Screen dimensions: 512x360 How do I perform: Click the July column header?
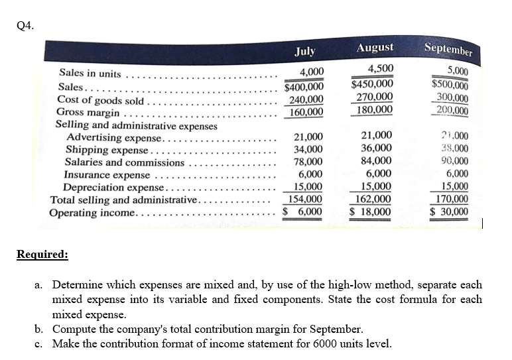point(305,51)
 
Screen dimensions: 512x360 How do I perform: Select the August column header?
point(375,47)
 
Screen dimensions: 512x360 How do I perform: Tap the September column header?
point(448,49)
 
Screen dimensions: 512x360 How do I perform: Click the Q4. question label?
point(25,25)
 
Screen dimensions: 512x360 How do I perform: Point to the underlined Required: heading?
point(42,254)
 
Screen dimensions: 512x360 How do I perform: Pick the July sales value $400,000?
point(304,86)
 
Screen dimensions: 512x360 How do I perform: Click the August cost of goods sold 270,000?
point(375,97)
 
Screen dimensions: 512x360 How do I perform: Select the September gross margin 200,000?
point(452,111)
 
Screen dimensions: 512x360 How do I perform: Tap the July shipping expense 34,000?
point(308,149)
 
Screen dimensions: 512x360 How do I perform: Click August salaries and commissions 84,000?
point(376,160)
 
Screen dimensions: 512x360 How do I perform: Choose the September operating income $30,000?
point(449,211)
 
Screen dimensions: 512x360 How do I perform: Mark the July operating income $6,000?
point(302,211)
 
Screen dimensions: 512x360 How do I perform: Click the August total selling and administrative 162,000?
point(373,199)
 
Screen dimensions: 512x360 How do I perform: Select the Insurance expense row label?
point(107,175)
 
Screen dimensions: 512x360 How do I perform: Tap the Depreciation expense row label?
point(113,188)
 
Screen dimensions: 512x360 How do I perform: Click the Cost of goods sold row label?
point(100,100)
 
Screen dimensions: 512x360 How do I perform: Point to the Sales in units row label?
point(90,73)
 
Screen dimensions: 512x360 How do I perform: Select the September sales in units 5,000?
point(458,71)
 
